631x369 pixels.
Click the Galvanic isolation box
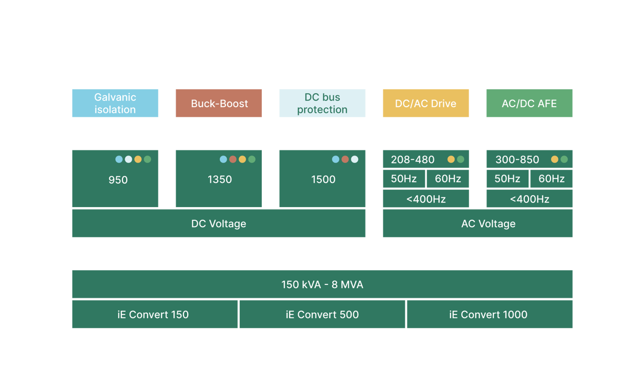[115, 103]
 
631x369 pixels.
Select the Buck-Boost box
[219, 103]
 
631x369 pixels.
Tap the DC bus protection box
[322, 103]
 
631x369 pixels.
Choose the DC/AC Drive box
[425, 103]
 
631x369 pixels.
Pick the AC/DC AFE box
[530, 103]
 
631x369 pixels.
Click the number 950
[118, 180]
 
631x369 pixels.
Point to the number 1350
[220, 179]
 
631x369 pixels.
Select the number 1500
[323, 179]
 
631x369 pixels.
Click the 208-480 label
[413, 160]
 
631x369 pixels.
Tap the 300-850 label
[517, 160]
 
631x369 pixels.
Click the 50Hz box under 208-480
[404, 179]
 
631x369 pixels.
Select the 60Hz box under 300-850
[552, 179]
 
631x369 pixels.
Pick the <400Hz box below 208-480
[426, 199]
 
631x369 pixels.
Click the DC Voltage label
[219, 223]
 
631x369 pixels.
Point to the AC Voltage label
[488, 223]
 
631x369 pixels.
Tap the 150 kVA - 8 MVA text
[322, 284]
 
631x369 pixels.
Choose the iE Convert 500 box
[322, 314]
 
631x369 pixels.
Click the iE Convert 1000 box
[490, 314]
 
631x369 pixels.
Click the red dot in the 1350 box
[232, 159]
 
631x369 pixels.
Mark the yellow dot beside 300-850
[555, 159]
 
